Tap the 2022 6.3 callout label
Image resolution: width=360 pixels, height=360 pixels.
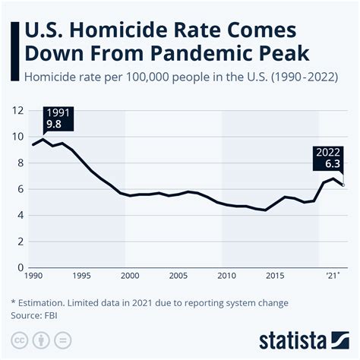329,157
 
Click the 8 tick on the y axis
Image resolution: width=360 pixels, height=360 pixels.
20,163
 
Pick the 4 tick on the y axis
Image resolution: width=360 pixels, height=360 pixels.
20,216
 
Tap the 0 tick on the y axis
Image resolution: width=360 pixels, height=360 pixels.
20,268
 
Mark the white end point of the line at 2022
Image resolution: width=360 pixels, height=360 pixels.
343,185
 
